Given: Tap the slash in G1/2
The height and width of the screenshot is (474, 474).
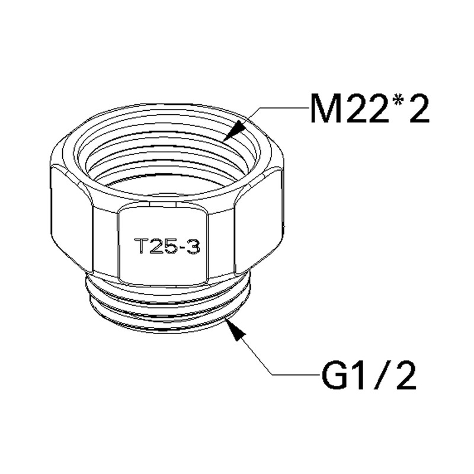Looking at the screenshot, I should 379,374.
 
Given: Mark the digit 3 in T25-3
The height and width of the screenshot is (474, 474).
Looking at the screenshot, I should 193,246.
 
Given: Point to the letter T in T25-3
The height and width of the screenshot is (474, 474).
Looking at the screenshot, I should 142,246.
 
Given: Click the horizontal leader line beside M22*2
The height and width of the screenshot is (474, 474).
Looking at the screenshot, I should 284,108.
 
